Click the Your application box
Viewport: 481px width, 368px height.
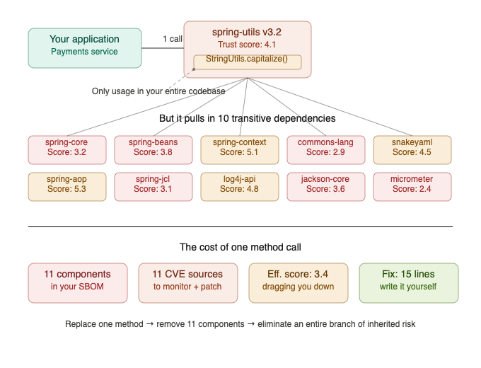pos(84,47)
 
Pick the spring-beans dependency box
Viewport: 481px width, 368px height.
pos(153,148)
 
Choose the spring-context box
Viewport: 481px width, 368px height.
pos(239,148)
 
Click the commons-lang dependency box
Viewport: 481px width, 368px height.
pos(325,148)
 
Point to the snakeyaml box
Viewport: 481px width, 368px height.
pos(412,148)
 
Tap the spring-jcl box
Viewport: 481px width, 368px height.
pos(153,185)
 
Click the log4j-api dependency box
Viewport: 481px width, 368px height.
pos(239,185)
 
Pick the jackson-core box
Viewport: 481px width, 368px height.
pos(325,185)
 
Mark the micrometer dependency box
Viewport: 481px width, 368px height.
pos(412,185)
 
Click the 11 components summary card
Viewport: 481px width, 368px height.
pos(78,282)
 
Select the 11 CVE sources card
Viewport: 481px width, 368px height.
pos(187,282)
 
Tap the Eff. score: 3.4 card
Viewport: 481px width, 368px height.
pos(298,282)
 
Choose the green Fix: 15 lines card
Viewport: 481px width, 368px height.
pos(408,282)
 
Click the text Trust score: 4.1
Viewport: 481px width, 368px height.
pos(247,45)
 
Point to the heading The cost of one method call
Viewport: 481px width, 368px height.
pos(240,247)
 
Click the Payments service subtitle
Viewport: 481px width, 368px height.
pos(84,52)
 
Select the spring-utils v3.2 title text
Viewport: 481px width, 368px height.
pos(247,33)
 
